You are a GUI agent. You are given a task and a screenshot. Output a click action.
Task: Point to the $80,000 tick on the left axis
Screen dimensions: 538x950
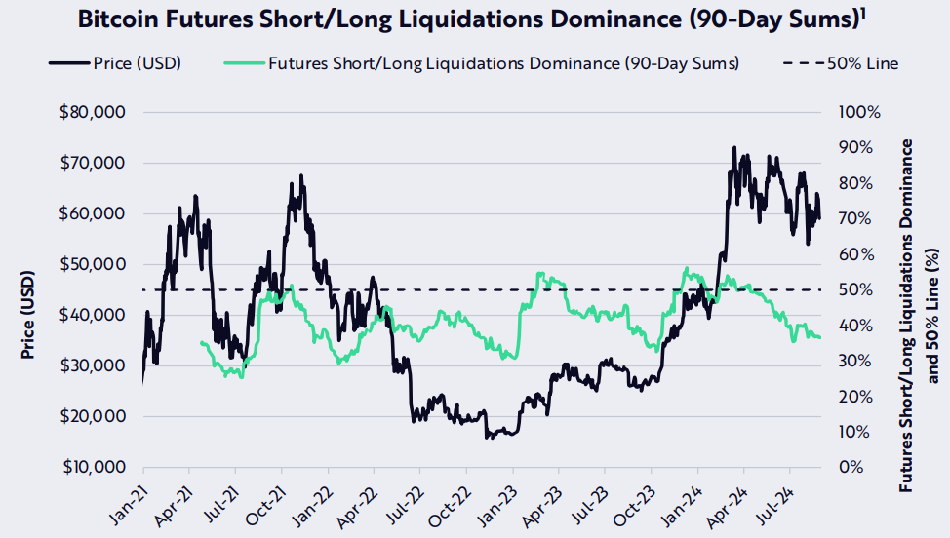coord(93,113)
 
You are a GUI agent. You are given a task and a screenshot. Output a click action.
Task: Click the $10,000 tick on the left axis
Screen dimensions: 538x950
coord(93,467)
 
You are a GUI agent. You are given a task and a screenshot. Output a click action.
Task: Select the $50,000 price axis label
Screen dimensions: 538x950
coord(93,264)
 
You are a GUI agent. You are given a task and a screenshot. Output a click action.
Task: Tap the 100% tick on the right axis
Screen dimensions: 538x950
coord(859,113)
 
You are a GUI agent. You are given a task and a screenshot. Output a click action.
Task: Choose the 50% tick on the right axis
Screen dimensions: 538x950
coord(855,289)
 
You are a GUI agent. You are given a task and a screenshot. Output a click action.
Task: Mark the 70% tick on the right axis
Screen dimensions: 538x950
coord(855,218)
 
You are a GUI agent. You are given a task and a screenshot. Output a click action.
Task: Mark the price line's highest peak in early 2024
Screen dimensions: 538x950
coord(733,148)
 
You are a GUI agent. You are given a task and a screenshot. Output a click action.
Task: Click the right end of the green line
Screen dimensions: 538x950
coord(820,337)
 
